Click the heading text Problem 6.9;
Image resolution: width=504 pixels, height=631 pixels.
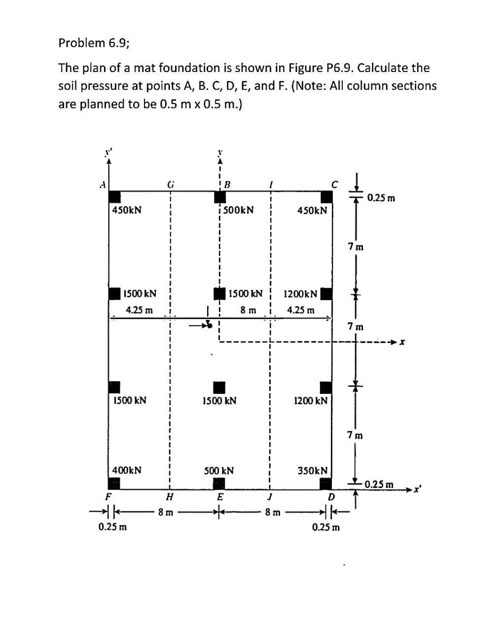point(94,43)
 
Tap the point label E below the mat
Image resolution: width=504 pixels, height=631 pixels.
point(220,496)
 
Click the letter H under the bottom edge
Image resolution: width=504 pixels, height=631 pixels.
point(170,496)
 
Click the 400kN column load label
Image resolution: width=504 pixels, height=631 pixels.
point(127,470)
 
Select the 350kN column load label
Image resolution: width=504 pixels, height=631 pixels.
point(312,471)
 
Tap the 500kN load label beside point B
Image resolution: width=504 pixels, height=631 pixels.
point(238,210)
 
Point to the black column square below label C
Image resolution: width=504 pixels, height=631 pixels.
point(326,197)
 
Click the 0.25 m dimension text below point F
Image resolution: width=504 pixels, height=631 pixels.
point(112,526)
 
